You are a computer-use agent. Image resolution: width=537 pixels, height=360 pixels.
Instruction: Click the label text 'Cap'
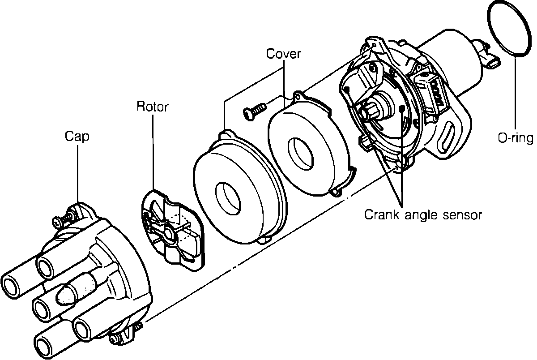[x=77, y=136]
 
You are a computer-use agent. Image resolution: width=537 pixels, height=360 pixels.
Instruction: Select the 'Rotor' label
[x=152, y=107]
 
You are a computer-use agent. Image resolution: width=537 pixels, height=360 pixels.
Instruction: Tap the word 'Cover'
[x=284, y=54]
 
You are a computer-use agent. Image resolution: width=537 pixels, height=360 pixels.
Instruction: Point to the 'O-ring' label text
[x=516, y=138]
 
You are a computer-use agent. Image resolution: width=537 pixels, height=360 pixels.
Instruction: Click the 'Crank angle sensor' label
[x=423, y=215]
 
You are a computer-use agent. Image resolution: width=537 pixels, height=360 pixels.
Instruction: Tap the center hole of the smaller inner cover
[x=300, y=153]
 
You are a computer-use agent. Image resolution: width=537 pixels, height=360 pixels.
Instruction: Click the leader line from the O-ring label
[x=515, y=94]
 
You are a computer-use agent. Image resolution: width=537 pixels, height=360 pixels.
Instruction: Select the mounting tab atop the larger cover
[x=227, y=134]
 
